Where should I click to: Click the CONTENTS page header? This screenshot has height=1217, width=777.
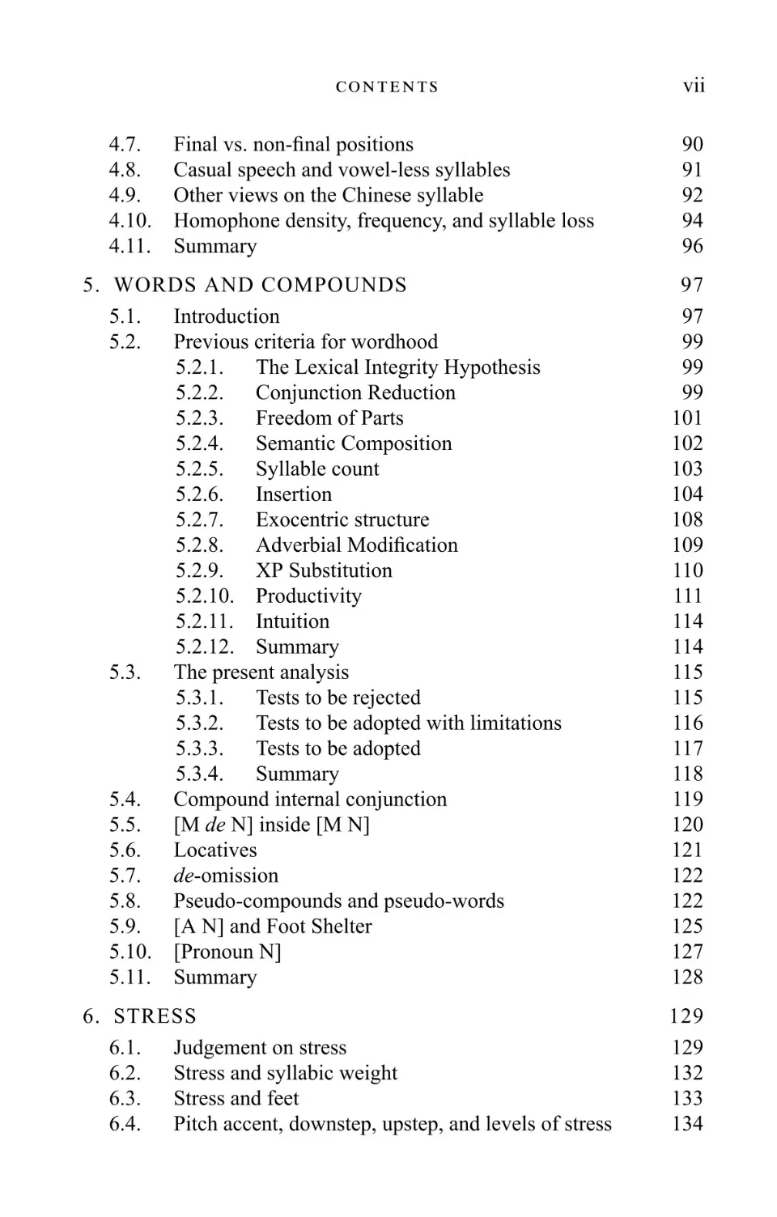pyautogui.click(x=387, y=87)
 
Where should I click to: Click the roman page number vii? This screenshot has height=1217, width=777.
pyautogui.click(x=694, y=86)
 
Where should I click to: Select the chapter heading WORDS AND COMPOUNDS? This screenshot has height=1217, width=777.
pyautogui.click(x=260, y=285)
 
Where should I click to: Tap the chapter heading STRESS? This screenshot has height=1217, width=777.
pyautogui.click(x=155, y=1016)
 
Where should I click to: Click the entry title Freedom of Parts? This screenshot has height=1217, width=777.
pyautogui.click(x=329, y=418)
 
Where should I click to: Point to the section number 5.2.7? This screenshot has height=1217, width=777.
pyautogui.click(x=199, y=519)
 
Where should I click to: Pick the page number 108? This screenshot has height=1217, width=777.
pyautogui.click(x=687, y=519)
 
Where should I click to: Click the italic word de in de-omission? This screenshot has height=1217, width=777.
pyautogui.click(x=184, y=876)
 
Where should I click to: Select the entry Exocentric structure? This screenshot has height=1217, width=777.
pyautogui.click(x=342, y=519)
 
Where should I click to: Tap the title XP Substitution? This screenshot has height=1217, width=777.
pyautogui.click(x=324, y=570)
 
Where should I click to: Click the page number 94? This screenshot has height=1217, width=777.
pyautogui.click(x=692, y=221)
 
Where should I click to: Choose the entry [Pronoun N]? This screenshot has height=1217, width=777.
pyautogui.click(x=227, y=952)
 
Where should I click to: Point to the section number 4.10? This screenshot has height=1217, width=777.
pyautogui.click(x=129, y=221)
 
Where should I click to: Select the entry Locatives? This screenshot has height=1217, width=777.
pyautogui.click(x=215, y=850)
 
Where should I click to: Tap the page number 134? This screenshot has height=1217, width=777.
pyautogui.click(x=687, y=1124)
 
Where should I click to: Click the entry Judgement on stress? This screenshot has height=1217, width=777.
pyautogui.click(x=260, y=1048)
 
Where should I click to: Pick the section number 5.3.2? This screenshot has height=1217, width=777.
pyautogui.click(x=199, y=723)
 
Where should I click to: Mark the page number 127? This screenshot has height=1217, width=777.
pyautogui.click(x=687, y=952)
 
